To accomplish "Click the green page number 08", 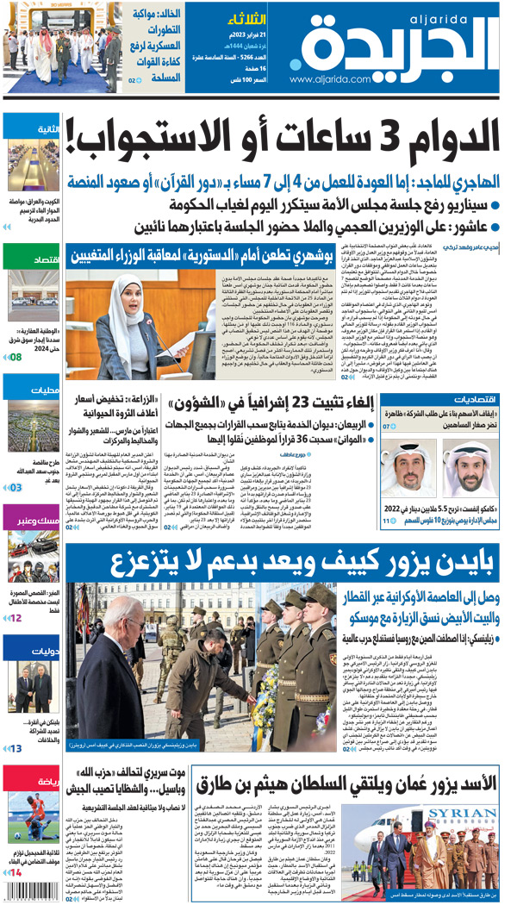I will pos(16,356).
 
